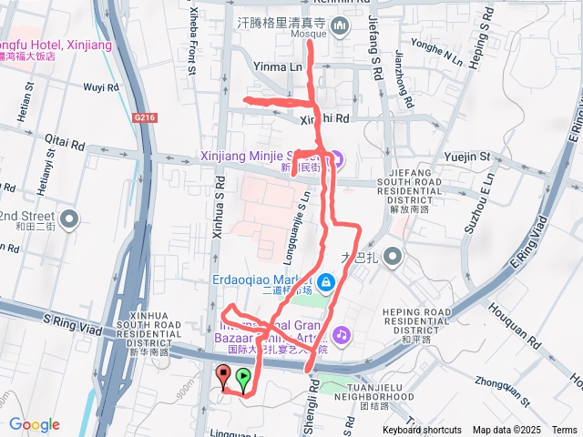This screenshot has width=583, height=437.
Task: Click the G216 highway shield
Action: tap(144, 117)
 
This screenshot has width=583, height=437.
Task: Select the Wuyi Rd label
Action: tap(100, 88)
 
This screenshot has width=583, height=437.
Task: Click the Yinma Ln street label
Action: tap(278, 67)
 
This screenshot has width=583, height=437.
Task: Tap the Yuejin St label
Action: tap(466, 158)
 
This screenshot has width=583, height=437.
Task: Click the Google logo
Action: tap(35, 424)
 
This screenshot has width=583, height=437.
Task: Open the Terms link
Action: tap(564, 430)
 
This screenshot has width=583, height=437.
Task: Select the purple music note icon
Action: tap(341, 335)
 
